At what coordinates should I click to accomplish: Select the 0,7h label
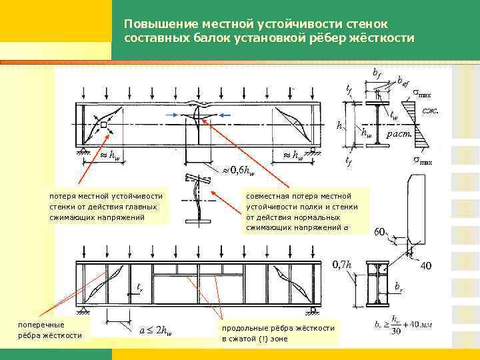tap(342, 265)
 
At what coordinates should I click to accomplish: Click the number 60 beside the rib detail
tap(380, 232)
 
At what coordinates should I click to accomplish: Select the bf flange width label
tap(377, 72)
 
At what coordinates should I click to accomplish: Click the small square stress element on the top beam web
tap(105, 125)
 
